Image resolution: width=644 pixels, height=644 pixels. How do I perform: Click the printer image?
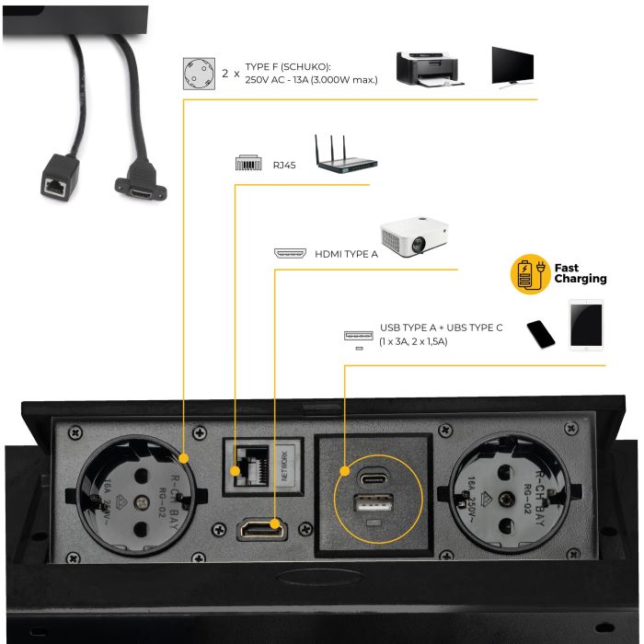[427, 68]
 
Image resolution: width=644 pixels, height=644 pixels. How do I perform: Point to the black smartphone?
[541, 333]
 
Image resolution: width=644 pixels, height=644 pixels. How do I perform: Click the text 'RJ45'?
[283, 167]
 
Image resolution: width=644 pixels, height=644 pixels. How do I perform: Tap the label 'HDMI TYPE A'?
[345, 254]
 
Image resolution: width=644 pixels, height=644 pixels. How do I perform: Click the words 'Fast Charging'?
[580, 273]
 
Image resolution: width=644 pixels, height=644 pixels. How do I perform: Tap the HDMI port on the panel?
[262, 529]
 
